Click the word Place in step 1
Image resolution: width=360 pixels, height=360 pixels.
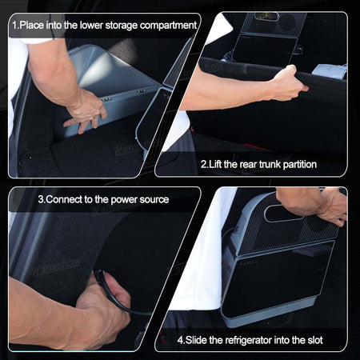coord(32,26)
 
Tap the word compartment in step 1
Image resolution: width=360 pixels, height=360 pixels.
coord(168,26)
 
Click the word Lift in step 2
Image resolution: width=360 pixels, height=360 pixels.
coord(215,164)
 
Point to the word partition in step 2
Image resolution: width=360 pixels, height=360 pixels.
coord(300,165)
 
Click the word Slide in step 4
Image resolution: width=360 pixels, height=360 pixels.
coord(196,340)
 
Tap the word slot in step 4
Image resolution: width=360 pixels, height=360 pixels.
coord(314,340)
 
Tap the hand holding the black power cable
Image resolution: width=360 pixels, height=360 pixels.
coord(106,306)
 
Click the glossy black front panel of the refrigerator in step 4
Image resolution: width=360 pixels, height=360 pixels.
coord(278,278)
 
